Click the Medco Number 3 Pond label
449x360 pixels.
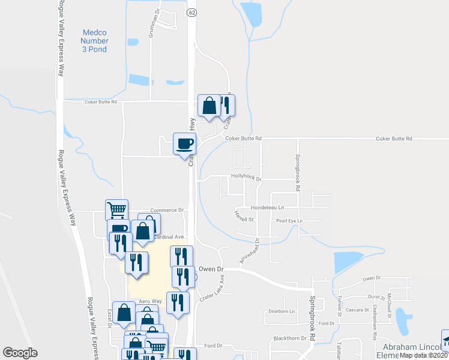(x=94, y=40)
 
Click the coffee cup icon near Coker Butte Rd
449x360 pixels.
(x=184, y=143)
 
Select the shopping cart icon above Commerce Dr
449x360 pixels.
(x=116, y=210)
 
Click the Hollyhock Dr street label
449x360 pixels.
(x=247, y=178)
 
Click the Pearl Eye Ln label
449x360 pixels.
(x=289, y=221)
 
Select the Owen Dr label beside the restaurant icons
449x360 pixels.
(x=211, y=269)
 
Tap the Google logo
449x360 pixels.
(x=20, y=353)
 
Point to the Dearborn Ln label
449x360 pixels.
(x=282, y=312)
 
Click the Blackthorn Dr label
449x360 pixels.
(x=290, y=338)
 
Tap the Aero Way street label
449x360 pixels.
(x=151, y=301)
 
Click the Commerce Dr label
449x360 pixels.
(x=166, y=210)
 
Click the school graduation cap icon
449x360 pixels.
(x=445, y=340)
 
